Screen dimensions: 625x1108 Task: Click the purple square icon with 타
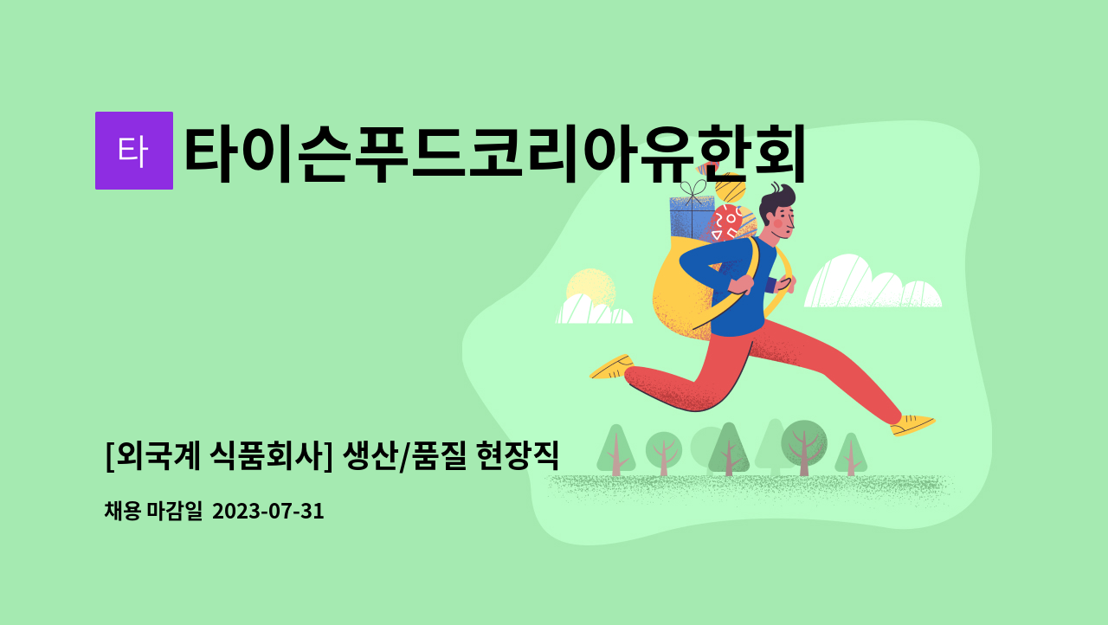[x=133, y=151]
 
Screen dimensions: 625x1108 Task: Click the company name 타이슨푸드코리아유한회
[x=495, y=154]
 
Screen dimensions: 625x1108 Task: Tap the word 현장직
[x=518, y=454]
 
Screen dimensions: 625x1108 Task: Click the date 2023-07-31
[x=267, y=512]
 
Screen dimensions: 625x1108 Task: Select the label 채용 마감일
[x=152, y=512]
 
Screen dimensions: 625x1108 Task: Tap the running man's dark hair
[x=774, y=198]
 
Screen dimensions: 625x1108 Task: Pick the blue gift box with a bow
[x=691, y=217]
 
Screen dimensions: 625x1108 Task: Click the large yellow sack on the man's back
[x=684, y=290]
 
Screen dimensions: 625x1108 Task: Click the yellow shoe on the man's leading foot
[x=912, y=424]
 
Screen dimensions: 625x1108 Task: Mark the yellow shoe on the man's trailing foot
[x=612, y=368]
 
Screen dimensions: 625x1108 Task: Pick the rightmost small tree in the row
[x=851, y=454]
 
